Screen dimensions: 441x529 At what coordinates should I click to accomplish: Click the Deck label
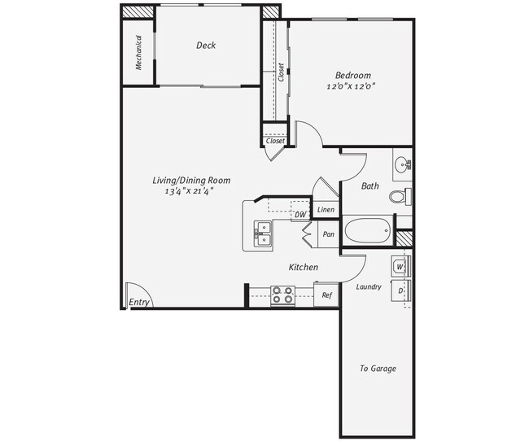206,46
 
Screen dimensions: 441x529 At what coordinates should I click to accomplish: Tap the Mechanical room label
139,52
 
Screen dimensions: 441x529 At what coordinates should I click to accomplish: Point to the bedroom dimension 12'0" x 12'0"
352,85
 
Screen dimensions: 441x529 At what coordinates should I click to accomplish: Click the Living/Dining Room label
192,180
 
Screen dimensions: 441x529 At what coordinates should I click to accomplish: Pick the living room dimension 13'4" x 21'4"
189,192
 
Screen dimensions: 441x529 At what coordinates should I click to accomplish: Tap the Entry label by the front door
140,302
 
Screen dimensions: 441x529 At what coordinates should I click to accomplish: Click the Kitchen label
304,267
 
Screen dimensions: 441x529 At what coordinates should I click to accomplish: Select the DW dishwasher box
299,215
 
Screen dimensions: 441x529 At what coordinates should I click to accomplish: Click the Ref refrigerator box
326,295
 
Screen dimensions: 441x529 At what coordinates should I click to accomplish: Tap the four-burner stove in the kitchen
282,294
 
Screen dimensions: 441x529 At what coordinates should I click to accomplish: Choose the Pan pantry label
328,234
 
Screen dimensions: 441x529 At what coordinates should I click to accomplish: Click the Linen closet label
326,210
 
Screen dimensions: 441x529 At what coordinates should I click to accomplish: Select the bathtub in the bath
368,231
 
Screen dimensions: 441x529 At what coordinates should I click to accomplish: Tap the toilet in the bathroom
399,197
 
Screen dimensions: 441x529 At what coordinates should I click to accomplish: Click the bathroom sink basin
402,167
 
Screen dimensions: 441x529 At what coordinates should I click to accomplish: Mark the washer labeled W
400,266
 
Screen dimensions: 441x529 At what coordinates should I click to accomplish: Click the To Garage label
378,369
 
